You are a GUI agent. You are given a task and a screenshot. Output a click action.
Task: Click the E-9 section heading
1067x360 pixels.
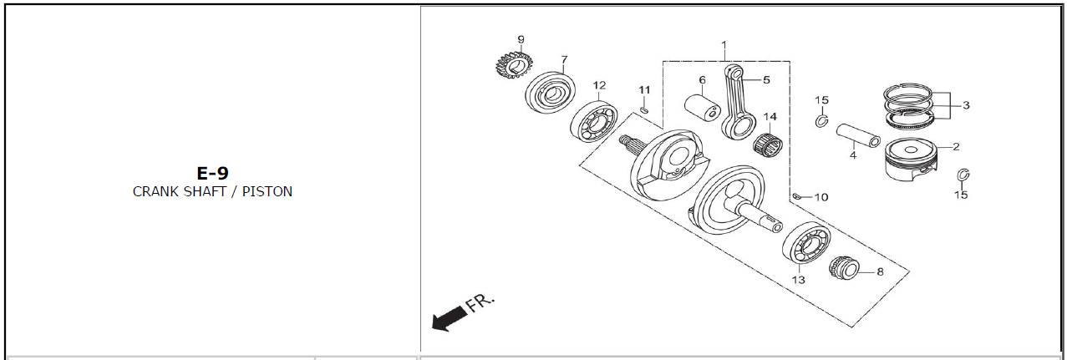(212, 173)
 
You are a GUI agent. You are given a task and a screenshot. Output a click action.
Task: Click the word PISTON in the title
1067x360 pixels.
(267, 191)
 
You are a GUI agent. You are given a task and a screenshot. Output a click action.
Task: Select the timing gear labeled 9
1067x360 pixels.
(514, 65)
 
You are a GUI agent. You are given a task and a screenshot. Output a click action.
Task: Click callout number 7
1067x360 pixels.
(564, 60)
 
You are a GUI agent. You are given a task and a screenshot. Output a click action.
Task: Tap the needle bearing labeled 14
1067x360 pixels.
(769, 144)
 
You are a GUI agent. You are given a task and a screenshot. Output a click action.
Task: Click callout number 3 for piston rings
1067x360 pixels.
(966, 105)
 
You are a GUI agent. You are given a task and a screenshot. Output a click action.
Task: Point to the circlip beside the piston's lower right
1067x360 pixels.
(963, 175)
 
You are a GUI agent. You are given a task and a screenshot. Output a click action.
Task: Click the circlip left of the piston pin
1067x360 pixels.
(821, 121)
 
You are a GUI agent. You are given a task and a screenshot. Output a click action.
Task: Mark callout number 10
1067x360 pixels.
(821, 197)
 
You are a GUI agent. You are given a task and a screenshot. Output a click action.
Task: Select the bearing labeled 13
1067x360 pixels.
(806, 243)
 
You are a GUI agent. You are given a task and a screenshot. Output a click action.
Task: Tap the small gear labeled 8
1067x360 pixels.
(844, 270)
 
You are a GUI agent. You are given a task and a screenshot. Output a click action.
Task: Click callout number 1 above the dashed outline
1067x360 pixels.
(724, 45)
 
